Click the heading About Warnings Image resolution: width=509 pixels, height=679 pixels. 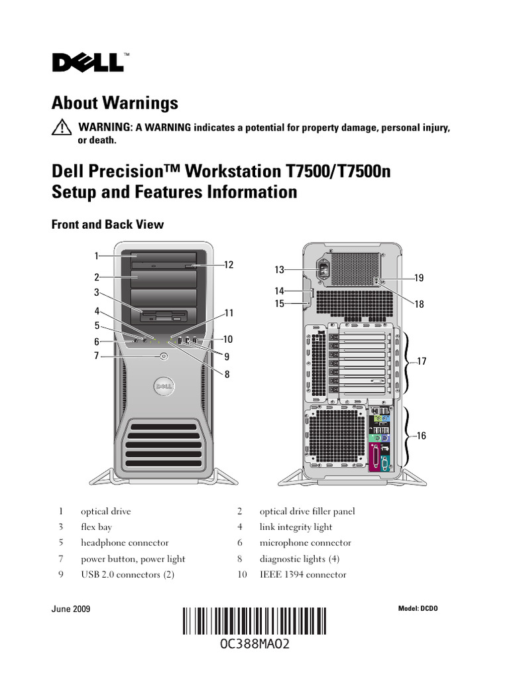click(115, 103)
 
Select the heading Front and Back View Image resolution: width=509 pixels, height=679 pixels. click(107, 224)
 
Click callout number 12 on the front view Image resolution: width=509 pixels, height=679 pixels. click(229, 265)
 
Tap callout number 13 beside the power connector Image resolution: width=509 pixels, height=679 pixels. click(279, 269)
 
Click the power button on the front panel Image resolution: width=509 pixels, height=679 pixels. click(164, 356)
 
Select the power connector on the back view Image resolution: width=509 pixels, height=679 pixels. click(324, 271)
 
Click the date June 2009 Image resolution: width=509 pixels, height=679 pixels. click(71, 609)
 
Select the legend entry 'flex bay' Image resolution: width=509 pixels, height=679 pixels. click(96, 527)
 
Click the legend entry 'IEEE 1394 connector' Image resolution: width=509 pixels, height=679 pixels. click(302, 575)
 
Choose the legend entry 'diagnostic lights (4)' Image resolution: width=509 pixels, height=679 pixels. click(300, 559)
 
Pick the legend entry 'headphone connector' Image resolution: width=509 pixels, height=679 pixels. click(125, 543)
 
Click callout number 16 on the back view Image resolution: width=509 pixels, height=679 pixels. click(422, 436)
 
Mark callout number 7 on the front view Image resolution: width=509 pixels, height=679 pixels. click(96, 356)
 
